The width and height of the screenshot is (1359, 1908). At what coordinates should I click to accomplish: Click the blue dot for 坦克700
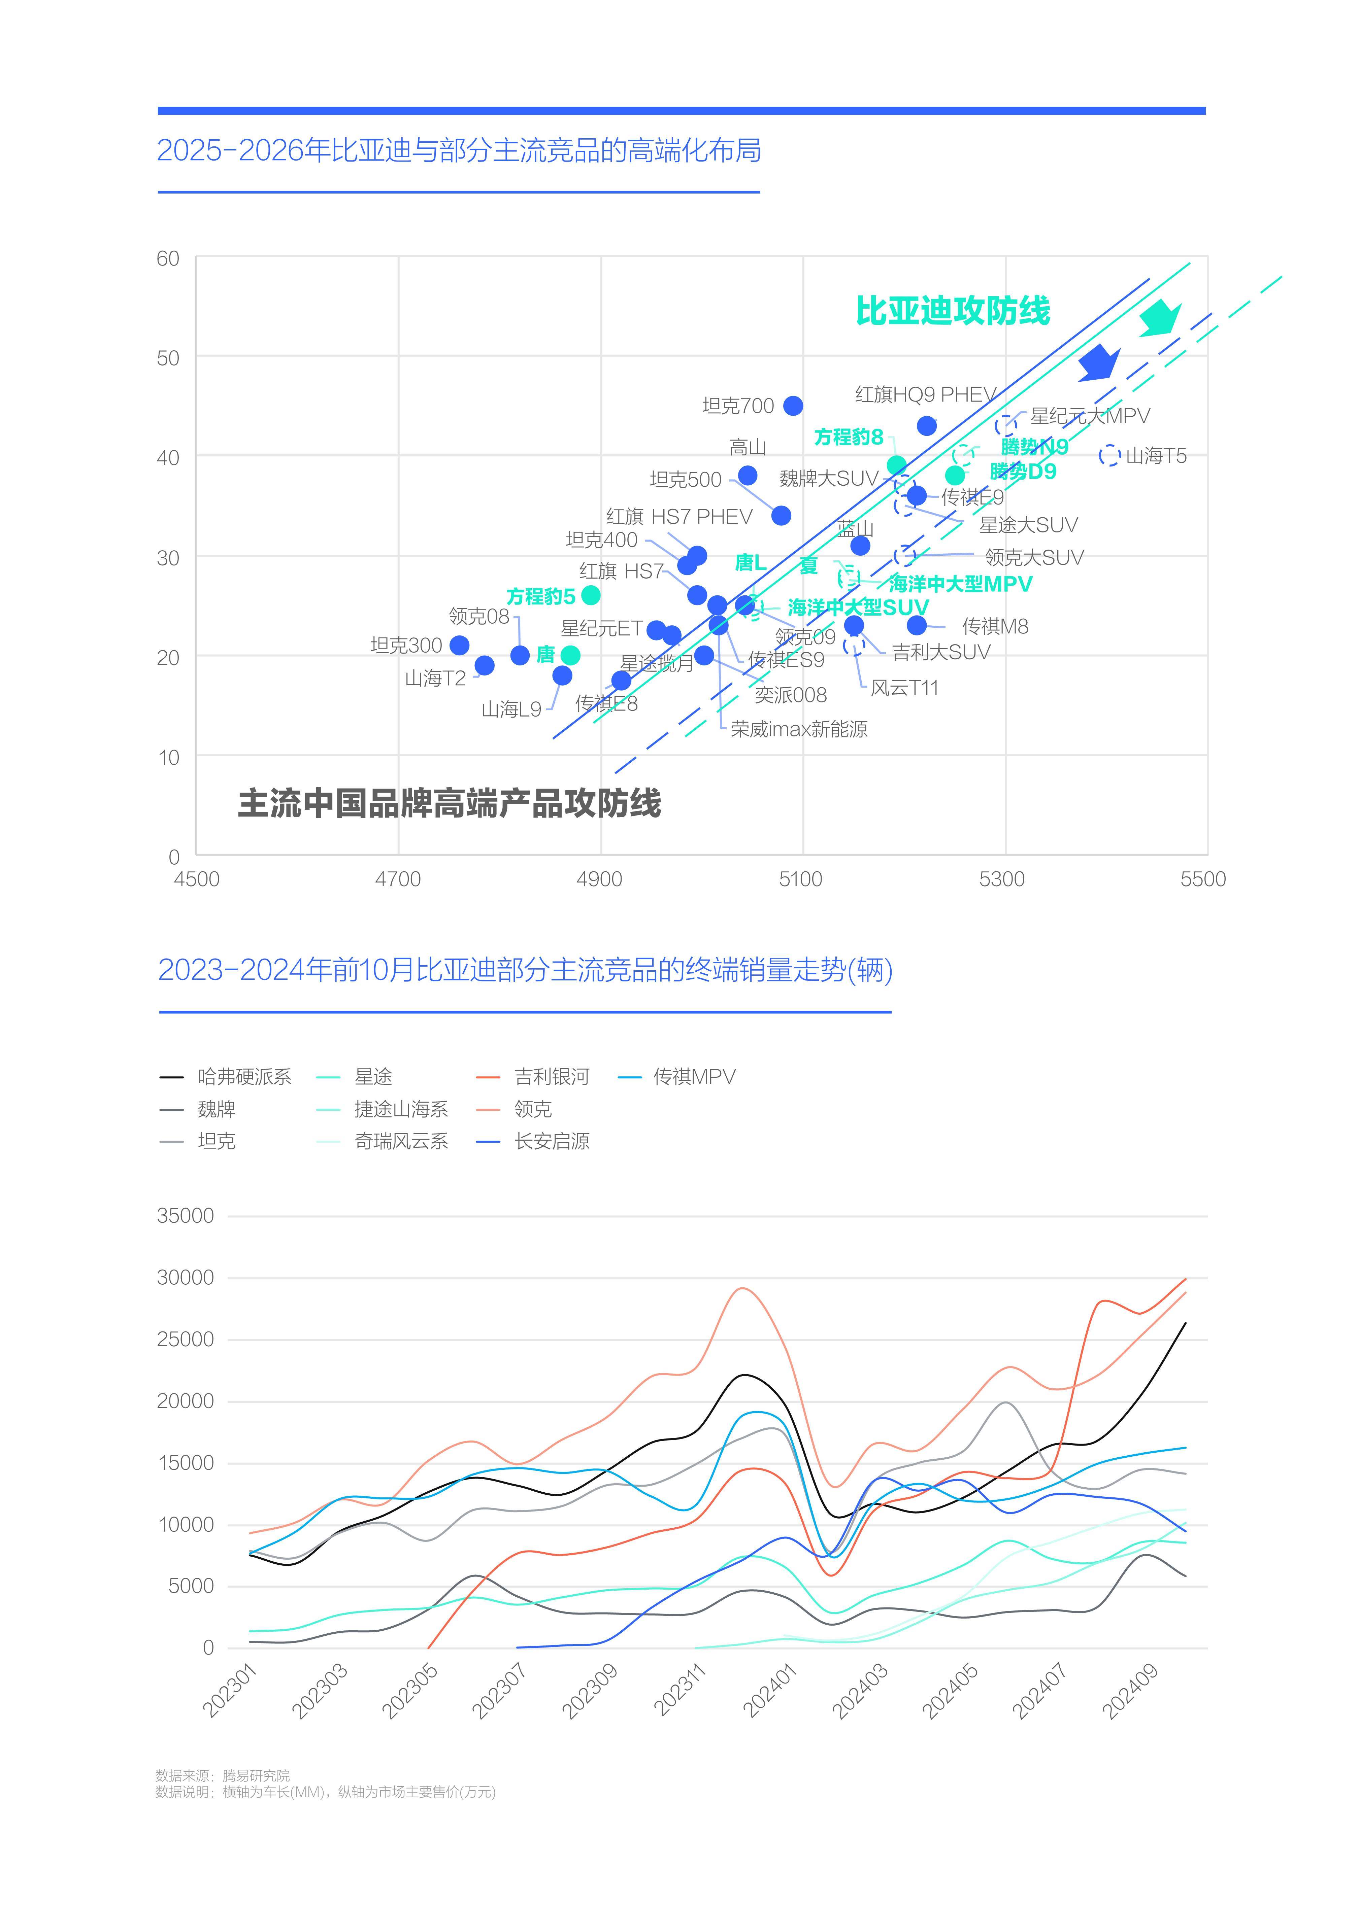coord(793,406)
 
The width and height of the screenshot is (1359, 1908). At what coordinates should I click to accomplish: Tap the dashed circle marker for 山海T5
coord(1109,456)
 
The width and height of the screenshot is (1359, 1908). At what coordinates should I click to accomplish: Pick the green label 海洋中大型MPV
coord(960,584)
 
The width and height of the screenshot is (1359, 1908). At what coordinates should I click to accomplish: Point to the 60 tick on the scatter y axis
coord(168,258)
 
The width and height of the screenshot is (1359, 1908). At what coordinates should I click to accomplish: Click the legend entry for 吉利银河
coord(552,1077)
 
